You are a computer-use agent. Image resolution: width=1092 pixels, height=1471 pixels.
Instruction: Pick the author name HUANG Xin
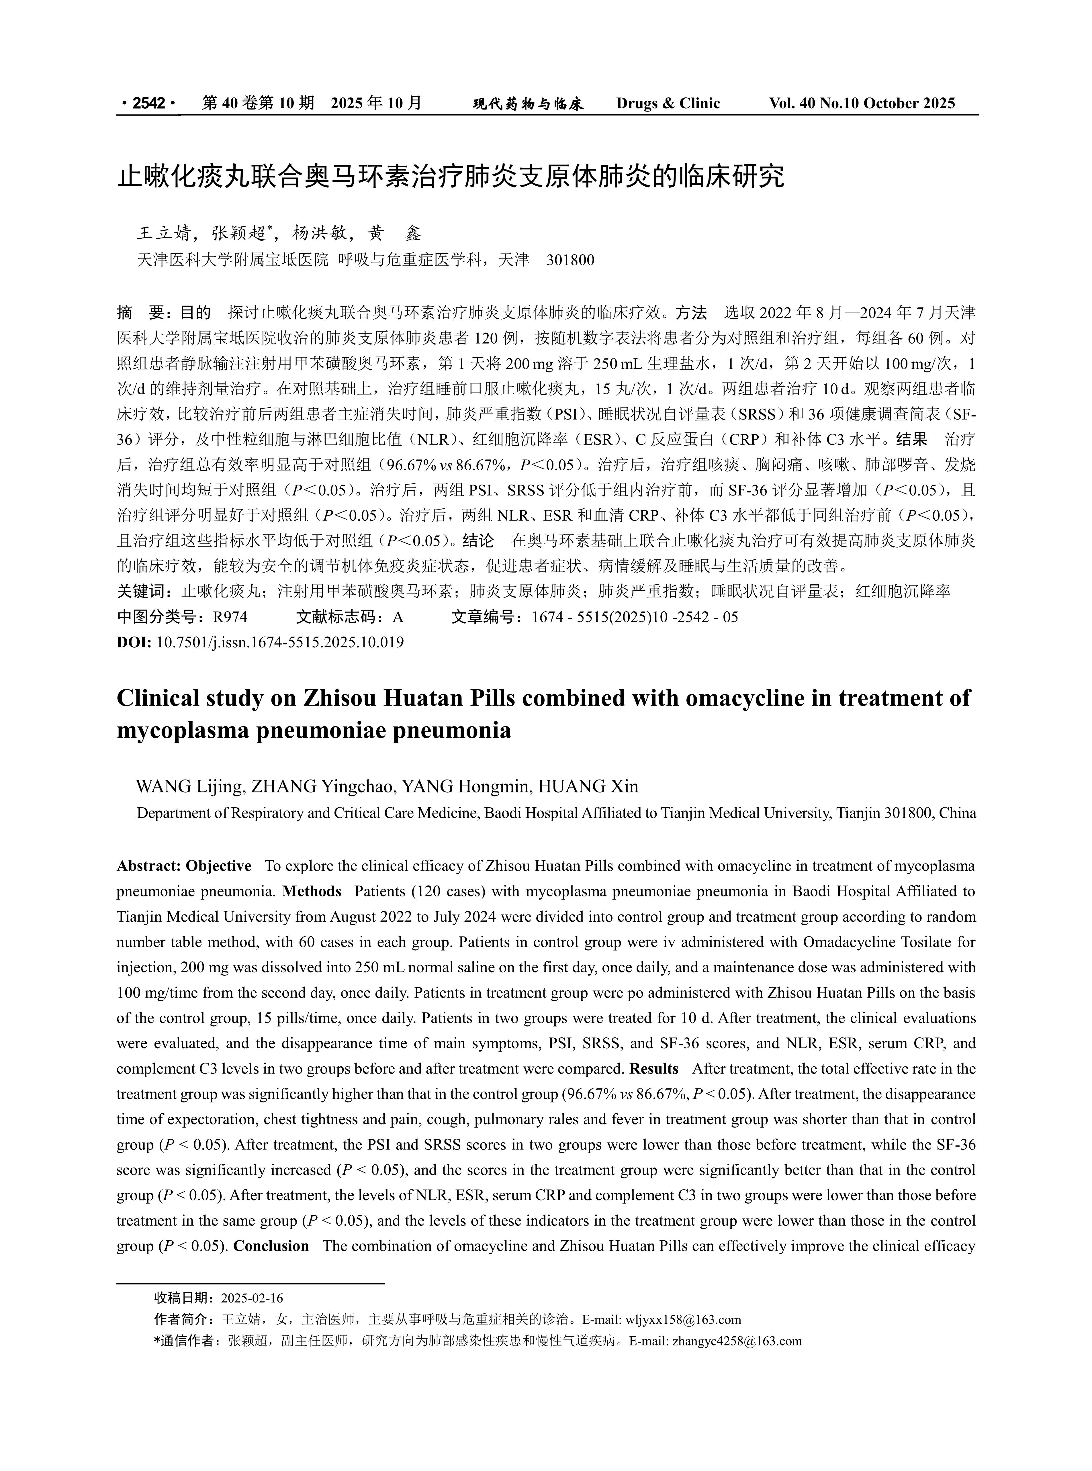(588, 786)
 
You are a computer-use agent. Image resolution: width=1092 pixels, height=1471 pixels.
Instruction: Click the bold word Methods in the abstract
(312, 892)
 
